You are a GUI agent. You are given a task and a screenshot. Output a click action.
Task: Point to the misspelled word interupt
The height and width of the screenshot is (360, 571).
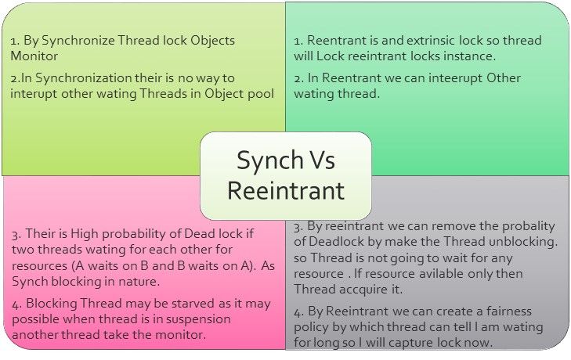34,94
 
